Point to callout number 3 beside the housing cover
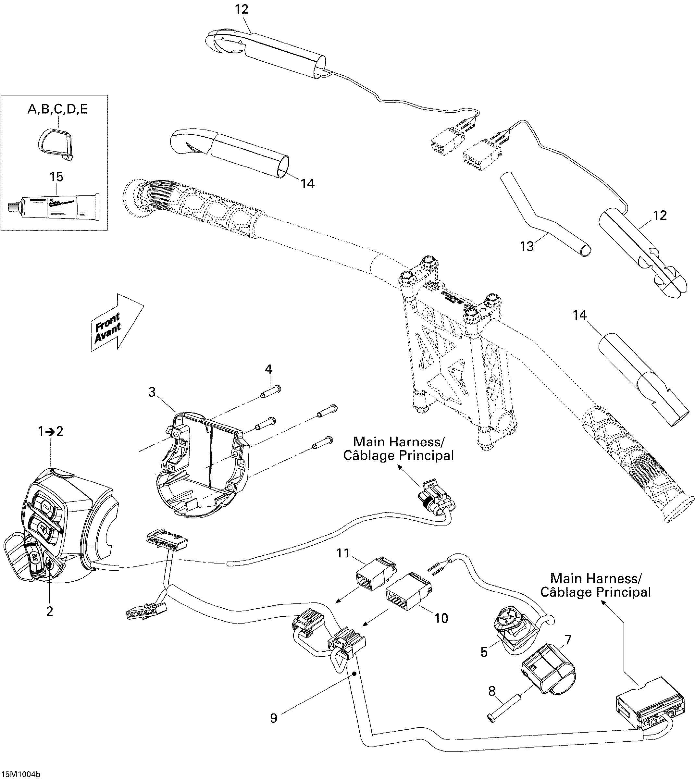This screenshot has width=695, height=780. click(x=152, y=392)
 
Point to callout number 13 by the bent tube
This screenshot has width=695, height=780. click(x=527, y=246)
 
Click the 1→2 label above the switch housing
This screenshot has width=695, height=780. click(x=50, y=432)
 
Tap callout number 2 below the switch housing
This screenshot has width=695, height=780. click(x=50, y=611)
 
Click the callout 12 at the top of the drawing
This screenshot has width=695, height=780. click(x=241, y=9)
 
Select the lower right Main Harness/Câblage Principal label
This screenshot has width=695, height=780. click(x=596, y=585)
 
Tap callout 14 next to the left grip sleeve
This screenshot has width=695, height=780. click(x=307, y=184)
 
